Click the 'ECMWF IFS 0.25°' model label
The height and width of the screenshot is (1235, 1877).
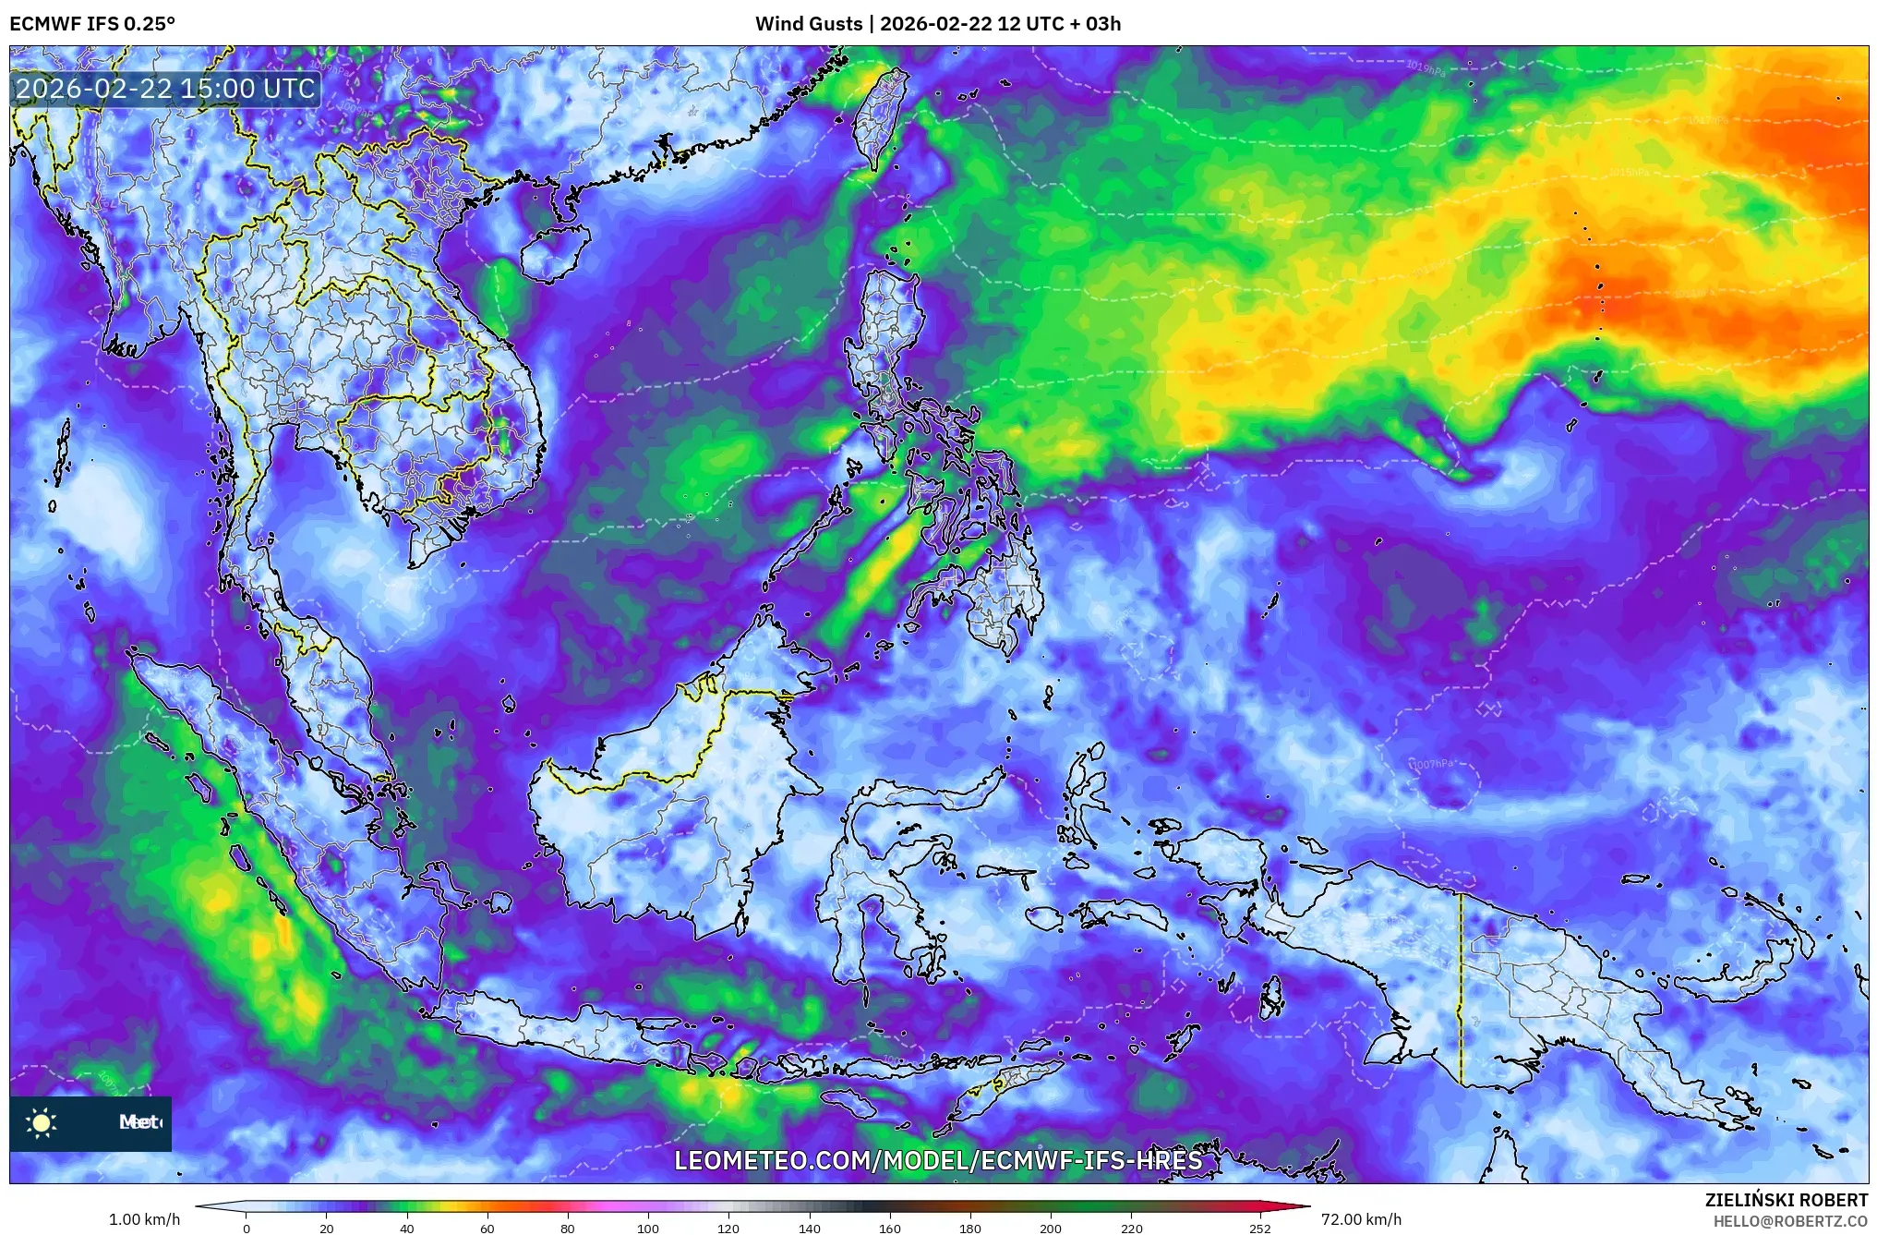point(92,24)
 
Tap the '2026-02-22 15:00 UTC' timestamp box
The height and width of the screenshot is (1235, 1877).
point(166,89)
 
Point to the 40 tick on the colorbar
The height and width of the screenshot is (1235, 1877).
point(407,1228)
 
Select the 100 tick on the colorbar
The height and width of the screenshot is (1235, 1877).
point(648,1228)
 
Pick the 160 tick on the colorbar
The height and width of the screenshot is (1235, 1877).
point(890,1228)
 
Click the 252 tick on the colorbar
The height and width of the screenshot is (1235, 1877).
point(1260,1228)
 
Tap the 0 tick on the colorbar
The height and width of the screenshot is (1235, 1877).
point(247,1228)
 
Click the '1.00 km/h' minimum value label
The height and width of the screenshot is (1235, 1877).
point(144,1219)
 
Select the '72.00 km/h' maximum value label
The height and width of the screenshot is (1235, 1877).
point(1361,1219)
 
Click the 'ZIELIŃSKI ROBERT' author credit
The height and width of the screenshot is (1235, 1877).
point(1786,1200)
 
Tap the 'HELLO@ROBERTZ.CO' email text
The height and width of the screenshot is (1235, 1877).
point(1790,1221)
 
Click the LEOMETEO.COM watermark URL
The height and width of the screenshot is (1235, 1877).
point(938,1160)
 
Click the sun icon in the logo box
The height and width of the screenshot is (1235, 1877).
point(42,1123)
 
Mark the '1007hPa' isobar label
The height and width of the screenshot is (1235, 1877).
point(1433,764)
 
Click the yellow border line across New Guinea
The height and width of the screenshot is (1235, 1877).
point(1461,988)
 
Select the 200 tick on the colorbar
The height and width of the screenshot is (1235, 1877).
point(1051,1228)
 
